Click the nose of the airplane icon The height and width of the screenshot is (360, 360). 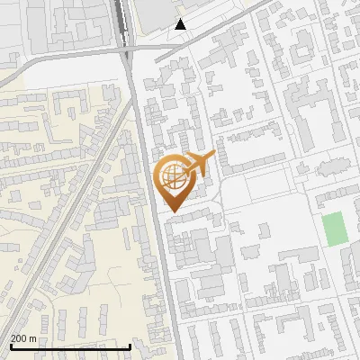[x=212, y=157]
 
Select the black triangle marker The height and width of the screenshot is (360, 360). [x=181, y=24]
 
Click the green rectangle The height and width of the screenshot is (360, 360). [x=334, y=229]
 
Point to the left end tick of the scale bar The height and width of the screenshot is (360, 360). [x=10, y=346]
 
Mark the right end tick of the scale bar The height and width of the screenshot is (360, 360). [x=130, y=346]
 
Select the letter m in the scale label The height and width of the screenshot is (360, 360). [x=33, y=339]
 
